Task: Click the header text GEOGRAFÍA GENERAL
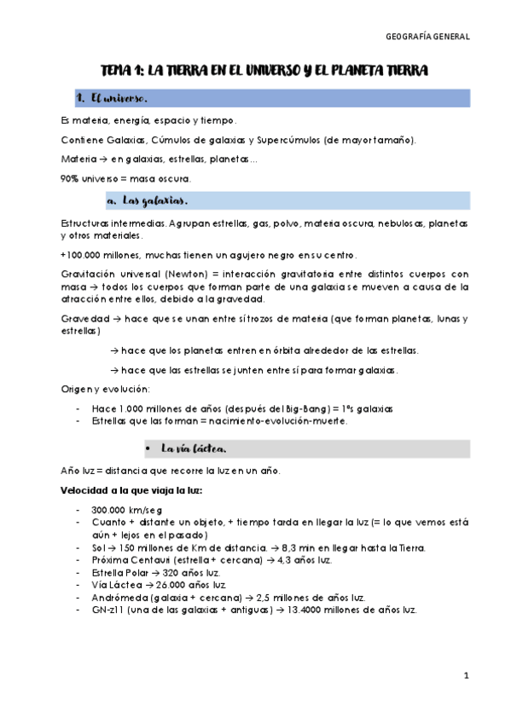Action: point(427,38)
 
